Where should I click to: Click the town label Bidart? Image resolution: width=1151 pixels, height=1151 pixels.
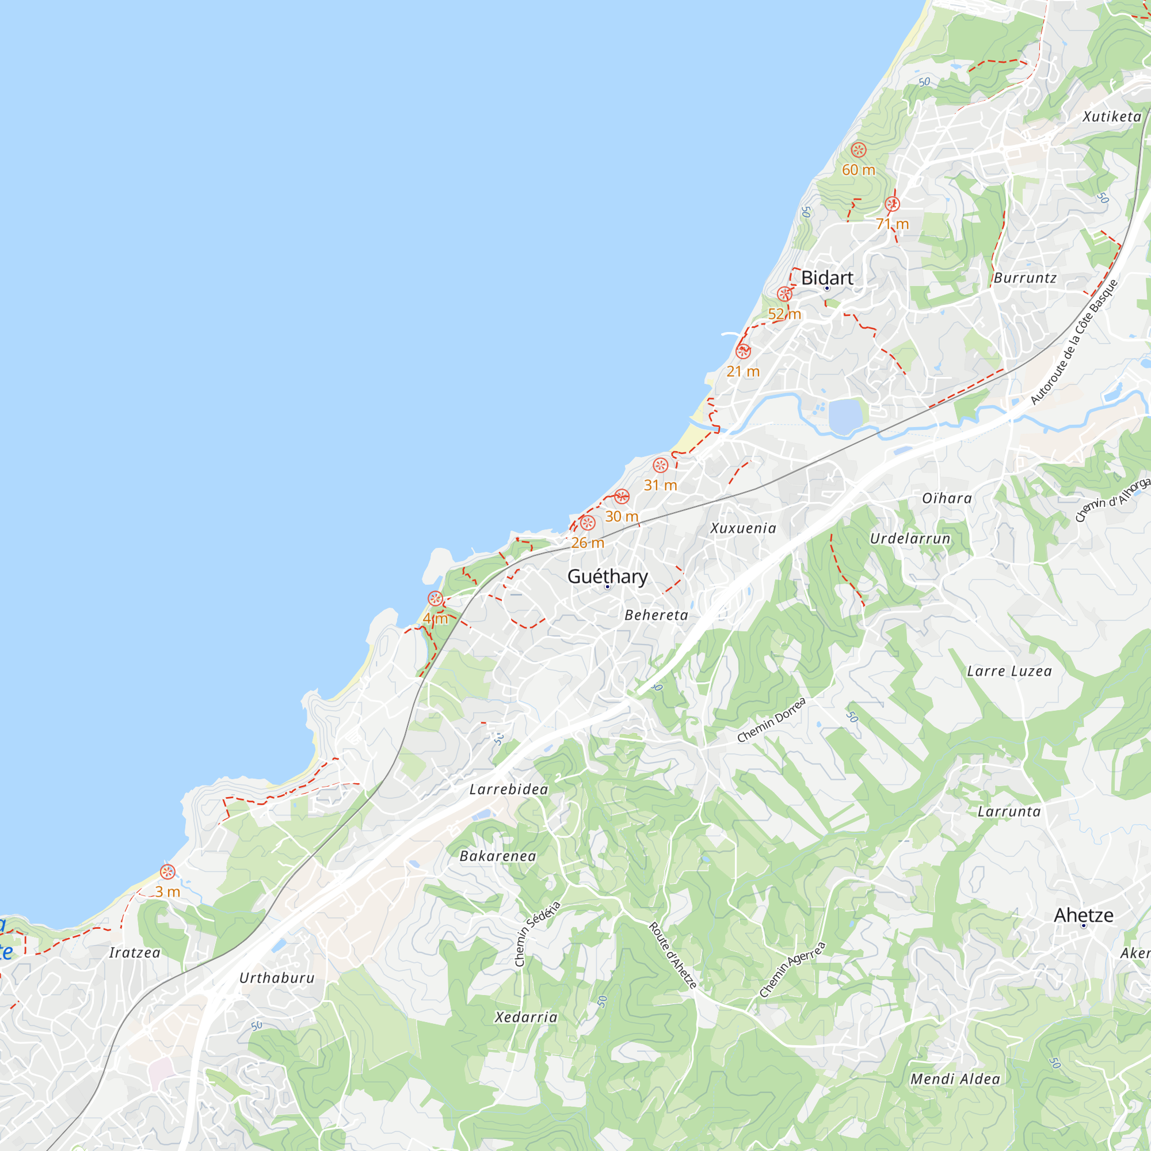tap(827, 278)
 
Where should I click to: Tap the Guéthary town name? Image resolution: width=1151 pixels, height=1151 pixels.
tap(607, 576)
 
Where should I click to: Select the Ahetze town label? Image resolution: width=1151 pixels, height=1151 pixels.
tap(1083, 915)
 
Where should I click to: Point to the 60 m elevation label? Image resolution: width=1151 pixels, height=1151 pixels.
tap(859, 170)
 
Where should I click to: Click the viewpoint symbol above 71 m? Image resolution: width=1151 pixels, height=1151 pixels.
tap(892, 204)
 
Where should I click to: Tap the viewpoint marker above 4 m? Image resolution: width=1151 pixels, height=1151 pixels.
tap(436, 599)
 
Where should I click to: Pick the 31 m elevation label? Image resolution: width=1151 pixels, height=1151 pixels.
tap(660, 486)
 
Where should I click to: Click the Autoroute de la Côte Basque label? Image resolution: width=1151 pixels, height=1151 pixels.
tap(1074, 342)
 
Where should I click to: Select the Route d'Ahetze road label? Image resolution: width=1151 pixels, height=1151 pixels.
tap(673, 955)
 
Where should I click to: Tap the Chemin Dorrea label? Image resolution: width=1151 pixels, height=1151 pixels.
tap(772, 721)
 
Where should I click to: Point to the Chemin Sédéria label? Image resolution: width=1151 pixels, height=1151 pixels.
tap(537, 933)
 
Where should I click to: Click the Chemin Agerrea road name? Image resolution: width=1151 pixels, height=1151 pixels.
tap(792, 969)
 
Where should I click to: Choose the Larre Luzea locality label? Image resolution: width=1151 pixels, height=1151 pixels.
tap(1009, 672)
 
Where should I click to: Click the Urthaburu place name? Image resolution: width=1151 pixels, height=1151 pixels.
tap(276, 978)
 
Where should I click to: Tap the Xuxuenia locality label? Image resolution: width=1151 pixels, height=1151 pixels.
tap(744, 528)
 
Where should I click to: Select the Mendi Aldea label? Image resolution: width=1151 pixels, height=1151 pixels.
tap(955, 1079)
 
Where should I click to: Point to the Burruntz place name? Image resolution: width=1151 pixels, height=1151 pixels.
tap(1026, 278)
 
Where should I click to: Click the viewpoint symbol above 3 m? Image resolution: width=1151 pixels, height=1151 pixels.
tap(168, 872)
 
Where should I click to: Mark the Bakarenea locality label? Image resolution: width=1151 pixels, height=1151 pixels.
tap(498, 856)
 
